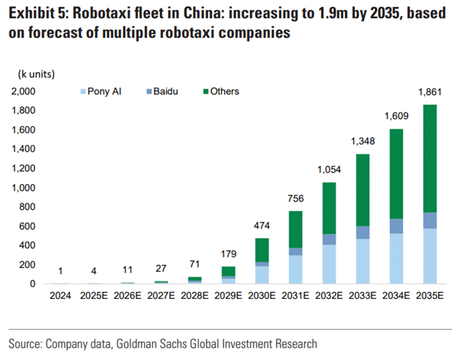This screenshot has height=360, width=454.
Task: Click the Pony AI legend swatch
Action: pyautogui.click(x=83, y=91)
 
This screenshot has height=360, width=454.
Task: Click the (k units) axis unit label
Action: pyautogui.click(x=38, y=73)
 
